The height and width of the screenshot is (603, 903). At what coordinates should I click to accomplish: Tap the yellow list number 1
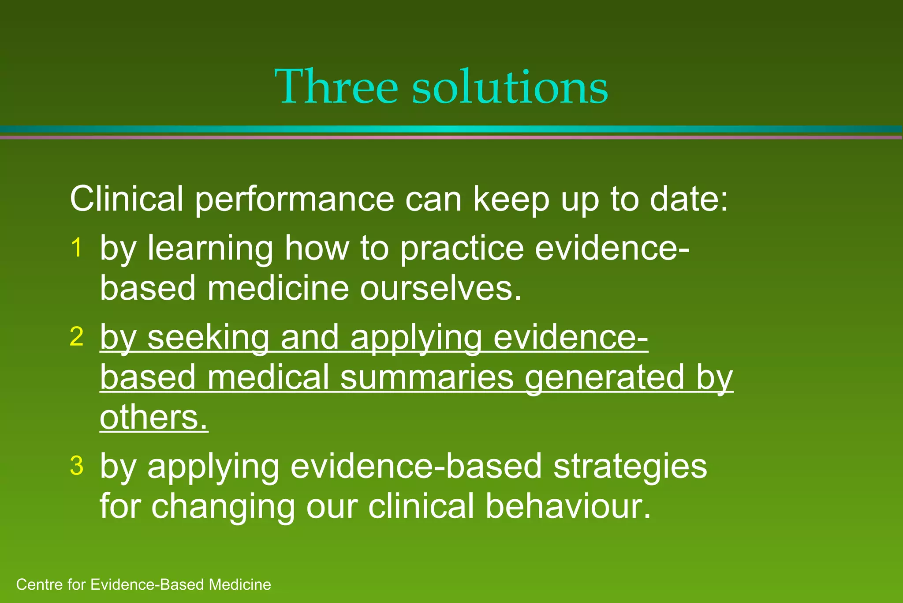(x=77, y=247)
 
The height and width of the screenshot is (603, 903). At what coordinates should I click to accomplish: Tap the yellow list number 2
(x=77, y=337)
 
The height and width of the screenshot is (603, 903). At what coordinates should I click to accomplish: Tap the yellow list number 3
(x=77, y=466)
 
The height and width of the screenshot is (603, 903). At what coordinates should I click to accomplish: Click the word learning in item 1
(x=210, y=249)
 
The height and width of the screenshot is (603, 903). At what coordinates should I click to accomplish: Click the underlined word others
(x=153, y=417)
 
